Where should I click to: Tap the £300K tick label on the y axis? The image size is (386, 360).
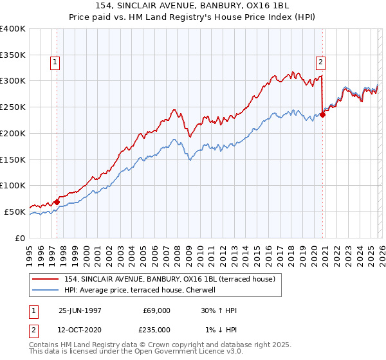tap(13, 81)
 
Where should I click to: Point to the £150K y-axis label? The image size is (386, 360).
tap(13, 159)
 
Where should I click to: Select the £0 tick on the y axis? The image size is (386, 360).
tap(19, 238)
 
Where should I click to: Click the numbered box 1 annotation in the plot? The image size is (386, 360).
tap(55, 62)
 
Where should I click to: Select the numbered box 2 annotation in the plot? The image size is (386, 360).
tap(320, 62)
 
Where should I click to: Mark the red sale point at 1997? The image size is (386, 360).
tap(57, 202)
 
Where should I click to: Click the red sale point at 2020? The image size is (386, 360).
tap(323, 115)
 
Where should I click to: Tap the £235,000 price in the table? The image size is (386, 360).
tap(157, 330)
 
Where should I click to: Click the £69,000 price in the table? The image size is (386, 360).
tap(157, 310)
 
